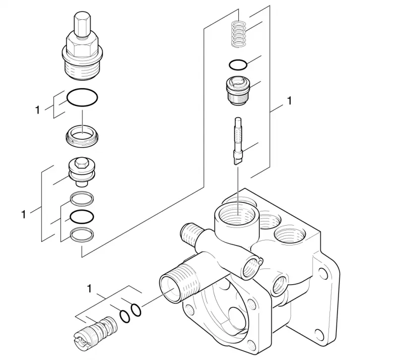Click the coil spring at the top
pyautogui.click(x=239, y=34)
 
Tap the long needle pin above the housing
pyautogui.click(x=238, y=141)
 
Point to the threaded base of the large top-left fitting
pyautogui.click(x=82, y=69)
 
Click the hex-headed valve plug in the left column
pyautogui.click(x=81, y=173)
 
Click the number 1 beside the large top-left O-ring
pyautogui.click(x=38, y=110)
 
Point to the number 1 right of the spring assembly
pyautogui.click(x=289, y=101)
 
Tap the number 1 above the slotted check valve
pyautogui.click(x=89, y=289)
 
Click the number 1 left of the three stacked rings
pyautogui.click(x=23, y=215)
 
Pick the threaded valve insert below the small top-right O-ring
pyautogui.click(x=238, y=91)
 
